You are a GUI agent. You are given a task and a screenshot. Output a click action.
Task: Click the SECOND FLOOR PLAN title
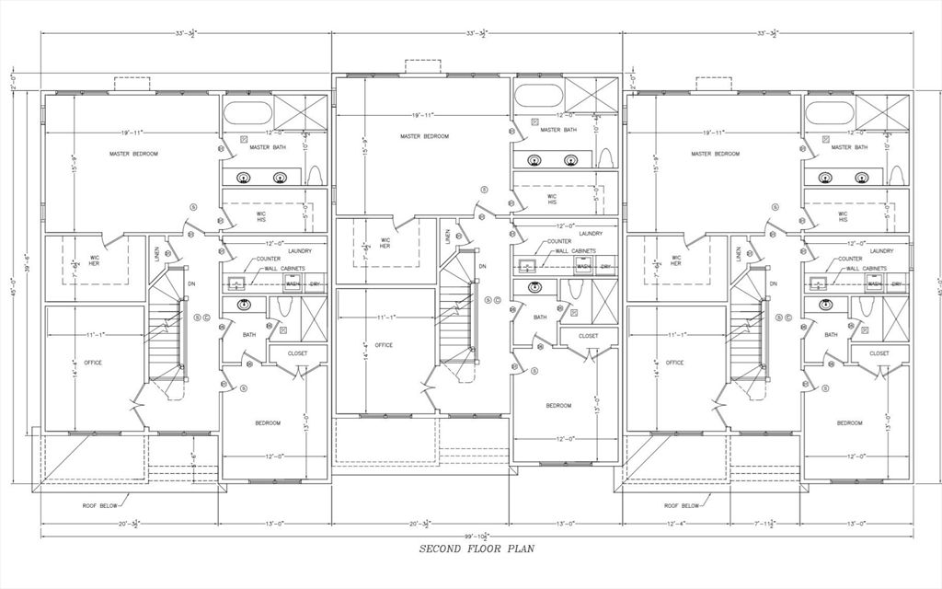pyautogui.click(x=477, y=549)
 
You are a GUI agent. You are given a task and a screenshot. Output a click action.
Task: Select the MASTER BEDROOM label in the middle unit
pyautogui.click(x=424, y=136)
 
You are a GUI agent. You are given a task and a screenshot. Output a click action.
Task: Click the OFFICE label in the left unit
pyautogui.click(x=93, y=363)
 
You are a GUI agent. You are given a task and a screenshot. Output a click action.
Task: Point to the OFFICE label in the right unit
pyautogui.click(x=674, y=363)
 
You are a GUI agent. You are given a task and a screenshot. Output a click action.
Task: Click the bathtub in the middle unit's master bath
pyautogui.click(x=538, y=96)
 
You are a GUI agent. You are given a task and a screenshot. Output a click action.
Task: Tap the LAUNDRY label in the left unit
pyautogui.click(x=300, y=250)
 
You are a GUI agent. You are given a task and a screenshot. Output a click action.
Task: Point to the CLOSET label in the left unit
pyautogui.click(x=297, y=352)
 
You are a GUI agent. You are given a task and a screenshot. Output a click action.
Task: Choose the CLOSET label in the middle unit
pyautogui.click(x=588, y=336)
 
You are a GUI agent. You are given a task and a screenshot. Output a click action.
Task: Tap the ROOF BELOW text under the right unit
pyautogui.click(x=681, y=505)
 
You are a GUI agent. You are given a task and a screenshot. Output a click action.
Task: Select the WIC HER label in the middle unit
pyautogui.click(x=384, y=243)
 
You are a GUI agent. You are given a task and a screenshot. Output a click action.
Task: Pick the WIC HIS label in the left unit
pyautogui.click(x=261, y=216)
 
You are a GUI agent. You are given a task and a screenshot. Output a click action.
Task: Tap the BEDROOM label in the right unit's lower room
pyautogui.click(x=849, y=422)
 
